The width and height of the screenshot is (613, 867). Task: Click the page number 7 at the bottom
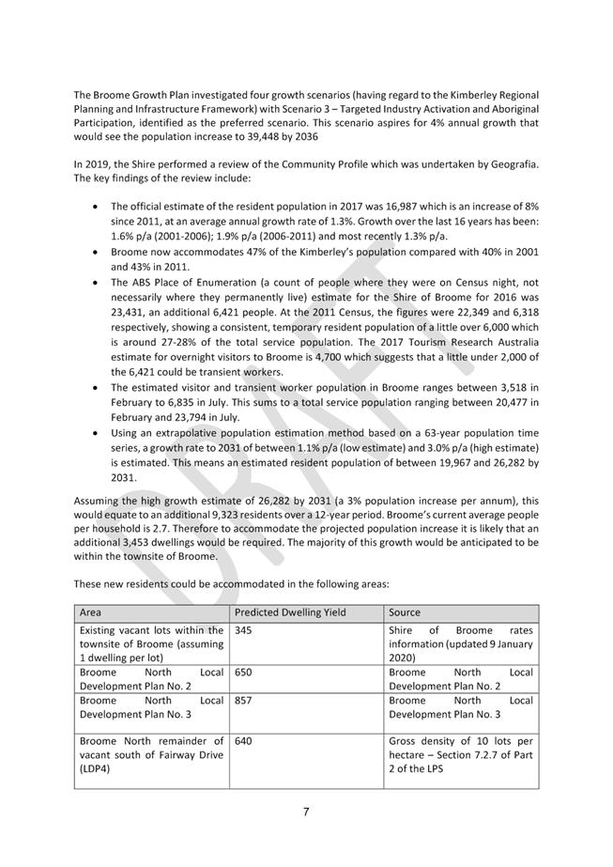click(306, 812)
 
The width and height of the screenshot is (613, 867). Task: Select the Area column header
click(91, 612)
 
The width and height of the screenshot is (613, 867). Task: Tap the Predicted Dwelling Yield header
click(290, 612)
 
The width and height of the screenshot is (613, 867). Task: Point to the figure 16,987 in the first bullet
click(382, 206)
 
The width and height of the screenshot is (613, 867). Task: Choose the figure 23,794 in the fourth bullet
click(207, 417)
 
